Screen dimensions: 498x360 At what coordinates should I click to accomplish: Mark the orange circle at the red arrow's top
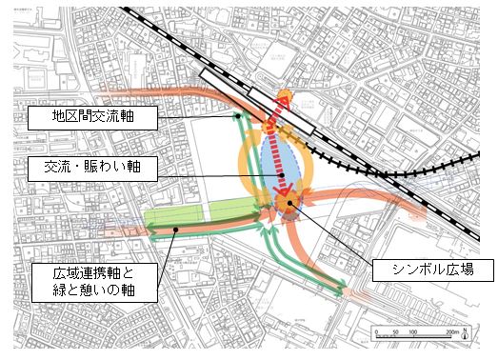point(285,97)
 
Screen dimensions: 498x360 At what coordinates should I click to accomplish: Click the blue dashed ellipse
point(285,167)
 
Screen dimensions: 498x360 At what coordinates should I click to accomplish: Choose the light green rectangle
point(181,217)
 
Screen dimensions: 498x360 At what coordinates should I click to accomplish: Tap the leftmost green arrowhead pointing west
point(151,229)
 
